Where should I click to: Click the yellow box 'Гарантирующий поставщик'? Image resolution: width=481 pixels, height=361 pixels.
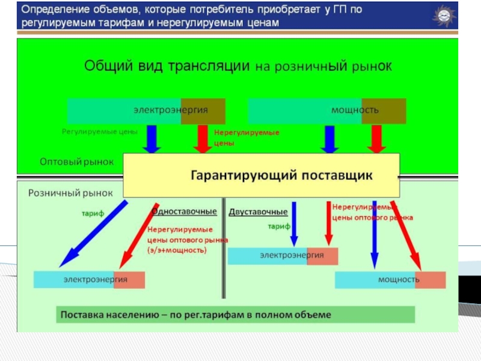262,175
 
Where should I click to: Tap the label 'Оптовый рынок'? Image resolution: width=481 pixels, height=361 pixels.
68,162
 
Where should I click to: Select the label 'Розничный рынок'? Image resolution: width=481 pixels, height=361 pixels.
71,193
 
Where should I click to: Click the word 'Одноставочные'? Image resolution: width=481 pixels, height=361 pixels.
184,212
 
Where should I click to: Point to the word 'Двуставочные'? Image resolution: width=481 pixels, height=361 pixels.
258,212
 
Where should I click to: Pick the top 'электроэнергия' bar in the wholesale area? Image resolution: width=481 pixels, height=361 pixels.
146,111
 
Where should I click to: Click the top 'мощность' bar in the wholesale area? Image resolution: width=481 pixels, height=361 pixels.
326,111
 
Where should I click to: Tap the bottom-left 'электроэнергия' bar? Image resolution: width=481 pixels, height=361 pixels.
89,280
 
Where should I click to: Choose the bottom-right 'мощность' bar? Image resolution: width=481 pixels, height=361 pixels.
390,280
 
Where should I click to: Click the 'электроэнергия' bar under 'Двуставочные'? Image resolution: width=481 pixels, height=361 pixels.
283,256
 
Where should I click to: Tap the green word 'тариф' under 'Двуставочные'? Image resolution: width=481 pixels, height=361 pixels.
278,227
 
